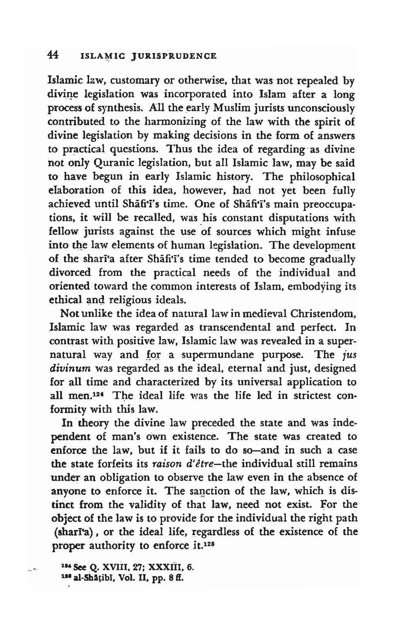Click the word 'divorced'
[70, 272]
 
